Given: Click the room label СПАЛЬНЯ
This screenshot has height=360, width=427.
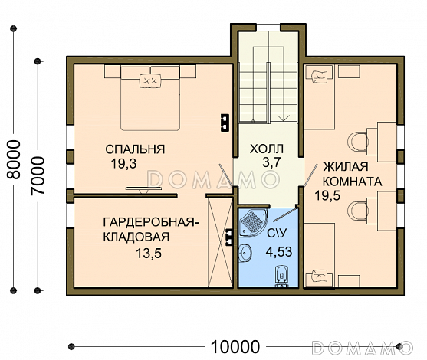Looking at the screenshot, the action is coord(135,149).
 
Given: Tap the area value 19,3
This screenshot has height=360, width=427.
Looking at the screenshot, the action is coord(123,164).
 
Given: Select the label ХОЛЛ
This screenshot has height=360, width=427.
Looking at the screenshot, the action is coord(267,149).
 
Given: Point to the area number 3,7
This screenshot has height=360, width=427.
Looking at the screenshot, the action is coord(271,162).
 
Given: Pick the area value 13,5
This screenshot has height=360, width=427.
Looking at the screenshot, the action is coord(149,254).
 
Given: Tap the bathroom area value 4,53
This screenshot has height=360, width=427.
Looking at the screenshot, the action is coord(279,251).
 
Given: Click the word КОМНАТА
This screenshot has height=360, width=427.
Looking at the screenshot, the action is coord(352,182).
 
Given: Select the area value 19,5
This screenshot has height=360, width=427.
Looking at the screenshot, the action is coord(327,195).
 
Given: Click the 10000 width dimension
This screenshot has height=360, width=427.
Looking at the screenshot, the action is coord(235,347).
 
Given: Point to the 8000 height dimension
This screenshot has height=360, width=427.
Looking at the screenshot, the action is coord(14,159).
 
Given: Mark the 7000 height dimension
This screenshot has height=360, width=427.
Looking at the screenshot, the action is coord(38,175).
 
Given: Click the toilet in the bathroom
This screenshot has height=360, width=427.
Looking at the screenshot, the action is coord(281,277).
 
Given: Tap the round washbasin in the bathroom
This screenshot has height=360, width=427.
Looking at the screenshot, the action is coord(245,253).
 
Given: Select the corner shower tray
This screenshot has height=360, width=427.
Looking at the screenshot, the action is coord(252,221).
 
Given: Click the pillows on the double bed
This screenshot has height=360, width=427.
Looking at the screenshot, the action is coord(150,81).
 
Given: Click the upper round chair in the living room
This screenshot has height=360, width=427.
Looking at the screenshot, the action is coord(357,142).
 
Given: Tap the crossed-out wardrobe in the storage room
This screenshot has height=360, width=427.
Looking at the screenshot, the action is coord(220,242).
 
